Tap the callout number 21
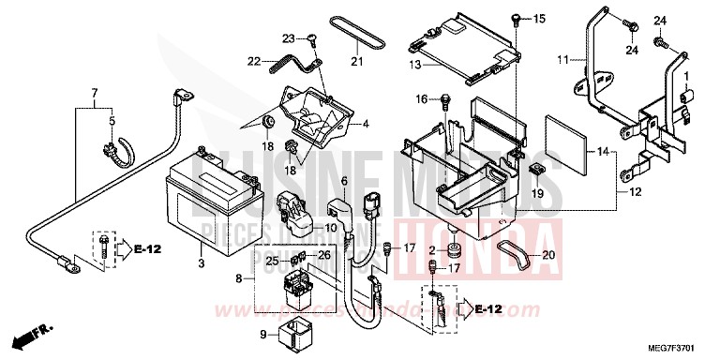click(x=356, y=63)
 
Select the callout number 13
click(x=414, y=66)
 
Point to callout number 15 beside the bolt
click(x=538, y=18)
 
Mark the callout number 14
click(x=604, y=152)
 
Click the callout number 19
click(x=537, y=193)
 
